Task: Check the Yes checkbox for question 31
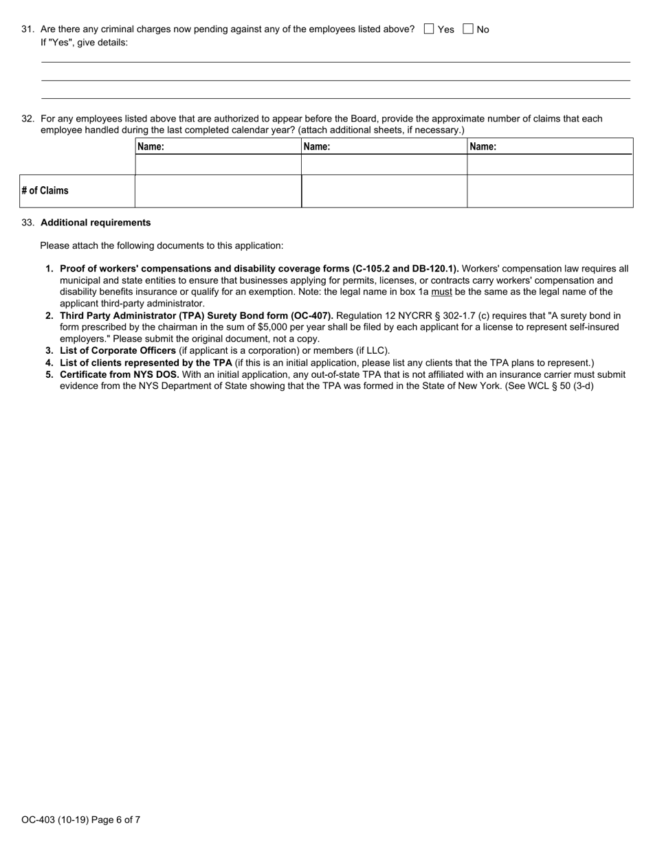430,29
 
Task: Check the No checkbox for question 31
468,29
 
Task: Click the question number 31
27,29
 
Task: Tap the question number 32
27,119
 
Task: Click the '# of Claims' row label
45,191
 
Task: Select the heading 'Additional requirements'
96,223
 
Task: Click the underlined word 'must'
441,292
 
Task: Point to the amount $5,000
274,327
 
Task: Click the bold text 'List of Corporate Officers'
118,350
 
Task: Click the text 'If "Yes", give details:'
84,42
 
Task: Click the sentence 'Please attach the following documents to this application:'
162,245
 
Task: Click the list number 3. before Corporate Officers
49,350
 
